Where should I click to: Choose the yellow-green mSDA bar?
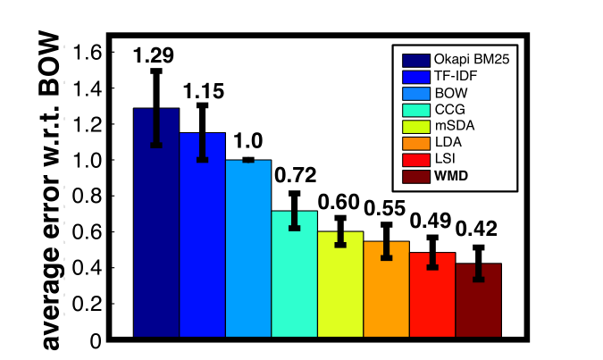340,286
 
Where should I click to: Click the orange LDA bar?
386,290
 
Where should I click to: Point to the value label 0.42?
478,230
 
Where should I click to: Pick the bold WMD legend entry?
442,175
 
